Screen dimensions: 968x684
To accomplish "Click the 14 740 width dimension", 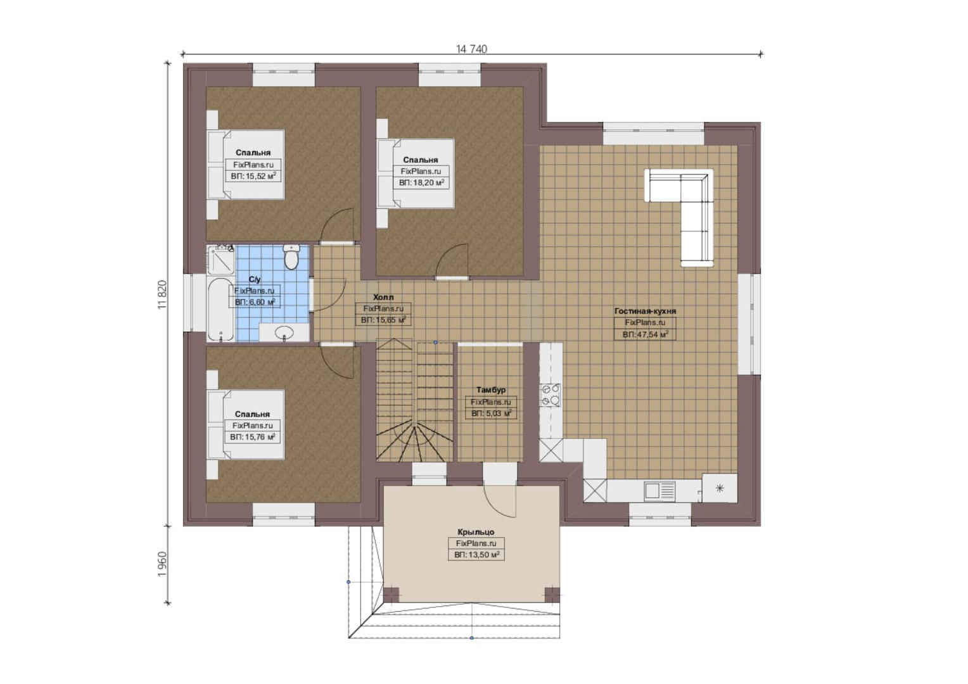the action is tap(471, 49).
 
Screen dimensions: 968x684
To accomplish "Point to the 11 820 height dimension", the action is tap(162, 294).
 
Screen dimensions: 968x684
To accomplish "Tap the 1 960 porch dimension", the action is tap(162, 564).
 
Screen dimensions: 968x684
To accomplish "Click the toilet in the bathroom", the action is tap(291, 257).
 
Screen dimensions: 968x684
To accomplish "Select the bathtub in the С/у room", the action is tap(220, 309).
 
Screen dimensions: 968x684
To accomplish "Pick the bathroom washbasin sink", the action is tap(284, 332).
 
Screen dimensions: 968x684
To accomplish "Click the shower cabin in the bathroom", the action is tap(220, 260).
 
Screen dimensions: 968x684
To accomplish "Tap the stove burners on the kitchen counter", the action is tap(551, 395).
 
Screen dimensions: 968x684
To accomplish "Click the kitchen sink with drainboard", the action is tap(659, 490).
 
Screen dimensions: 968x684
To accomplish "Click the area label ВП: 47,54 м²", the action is tap(645, 334).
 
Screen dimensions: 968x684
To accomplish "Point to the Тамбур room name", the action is tap(491, 389).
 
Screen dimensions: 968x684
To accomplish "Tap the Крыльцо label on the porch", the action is tap(476, 532).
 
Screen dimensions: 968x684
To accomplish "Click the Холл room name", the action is tap(383, 297).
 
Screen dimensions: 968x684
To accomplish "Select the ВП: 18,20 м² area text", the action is tap(421, 183).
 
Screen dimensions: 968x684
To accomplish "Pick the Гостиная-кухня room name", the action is tap(645, 311).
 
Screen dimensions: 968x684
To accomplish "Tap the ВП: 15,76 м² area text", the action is tap(252, 437).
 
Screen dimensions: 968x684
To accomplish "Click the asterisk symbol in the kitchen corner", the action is tap(720, 489).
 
